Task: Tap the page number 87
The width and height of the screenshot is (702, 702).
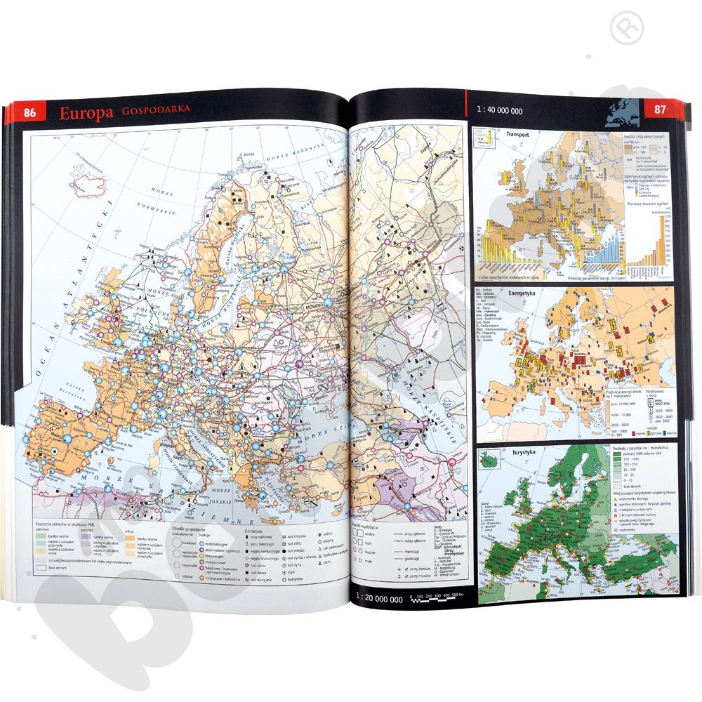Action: point(659,110)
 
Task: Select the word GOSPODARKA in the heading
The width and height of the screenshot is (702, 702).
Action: point(155,112)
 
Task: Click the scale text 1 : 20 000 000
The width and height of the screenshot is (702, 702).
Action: point(380,599)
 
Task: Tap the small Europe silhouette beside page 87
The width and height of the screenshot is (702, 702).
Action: point(623,111)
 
